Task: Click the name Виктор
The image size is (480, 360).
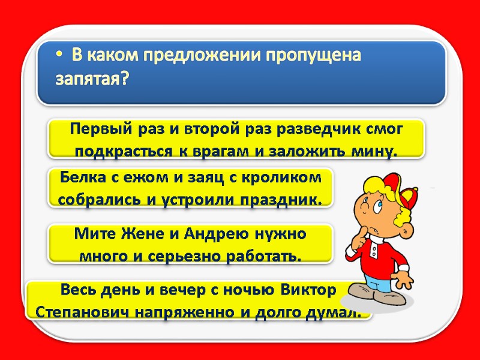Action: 309,290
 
